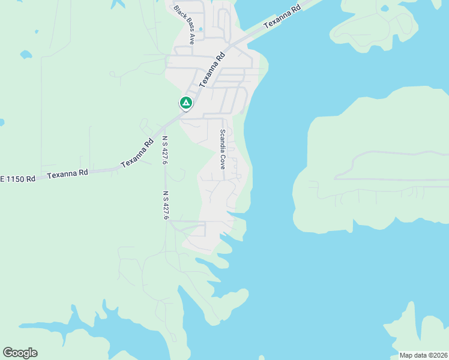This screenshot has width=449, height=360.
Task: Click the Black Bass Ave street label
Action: point(184,25)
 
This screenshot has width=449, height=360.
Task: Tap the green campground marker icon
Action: point(186,103)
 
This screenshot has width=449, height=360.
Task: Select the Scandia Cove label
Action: point(222,149)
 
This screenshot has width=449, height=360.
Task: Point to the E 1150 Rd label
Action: point(17,179)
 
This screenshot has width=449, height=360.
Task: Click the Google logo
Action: point(20,352)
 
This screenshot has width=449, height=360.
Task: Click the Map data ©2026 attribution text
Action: point(423,355)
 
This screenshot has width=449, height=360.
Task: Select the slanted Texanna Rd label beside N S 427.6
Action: point(137,155)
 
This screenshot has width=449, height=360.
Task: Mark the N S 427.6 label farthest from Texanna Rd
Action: point(165,205)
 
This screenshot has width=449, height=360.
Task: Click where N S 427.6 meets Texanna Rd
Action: point(164,127)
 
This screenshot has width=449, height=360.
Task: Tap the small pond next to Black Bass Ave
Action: point(200,28)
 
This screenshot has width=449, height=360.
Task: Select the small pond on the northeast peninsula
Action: point(384,8)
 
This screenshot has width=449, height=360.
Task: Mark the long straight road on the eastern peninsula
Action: point(390,179)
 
